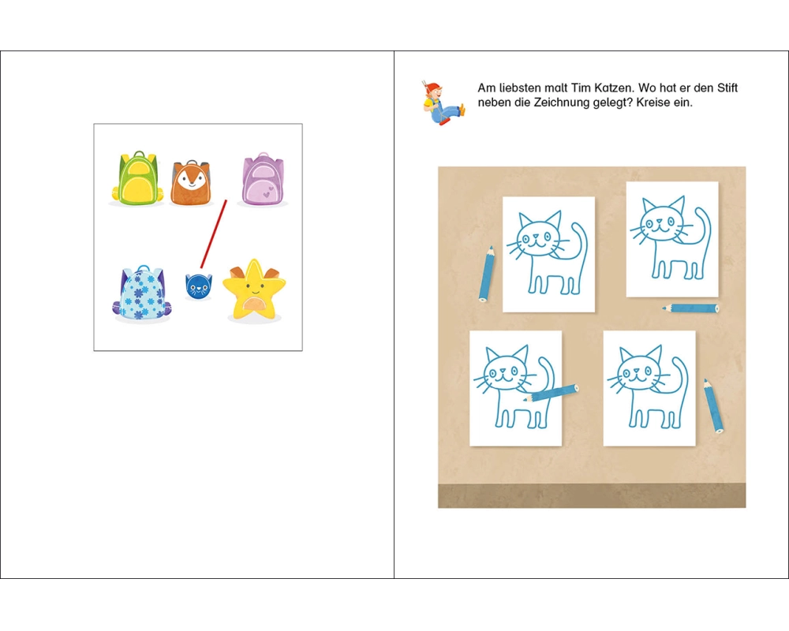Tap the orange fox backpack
(190, 183)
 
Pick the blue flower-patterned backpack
(143, 293)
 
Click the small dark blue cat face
(198, 286)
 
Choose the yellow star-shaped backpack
(254, 290)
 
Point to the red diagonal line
(213, 234)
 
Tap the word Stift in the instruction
(727, 88)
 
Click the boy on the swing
(441, 103)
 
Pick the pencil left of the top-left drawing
(486, 274)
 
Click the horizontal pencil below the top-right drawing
(690, 308)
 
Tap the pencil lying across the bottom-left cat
(551, 393)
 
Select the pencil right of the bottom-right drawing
(713, 406)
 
